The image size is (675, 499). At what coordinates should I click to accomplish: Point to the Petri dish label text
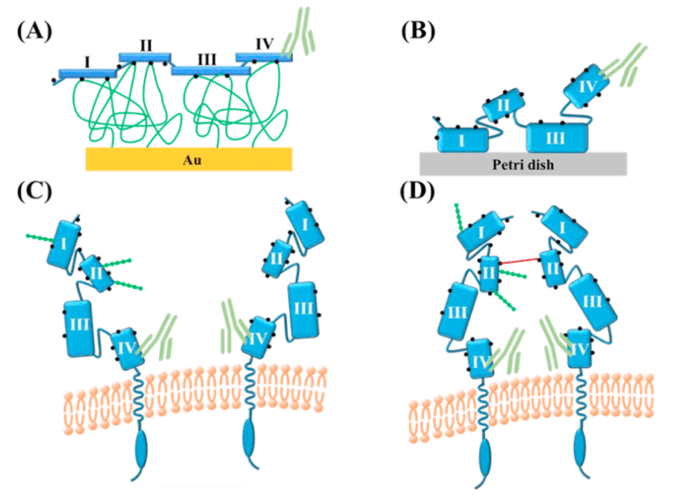[x=523, y=163]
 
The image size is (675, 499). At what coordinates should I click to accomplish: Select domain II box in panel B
[x=504, y=107]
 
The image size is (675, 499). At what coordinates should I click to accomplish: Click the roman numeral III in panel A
[x=207, y=58]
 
